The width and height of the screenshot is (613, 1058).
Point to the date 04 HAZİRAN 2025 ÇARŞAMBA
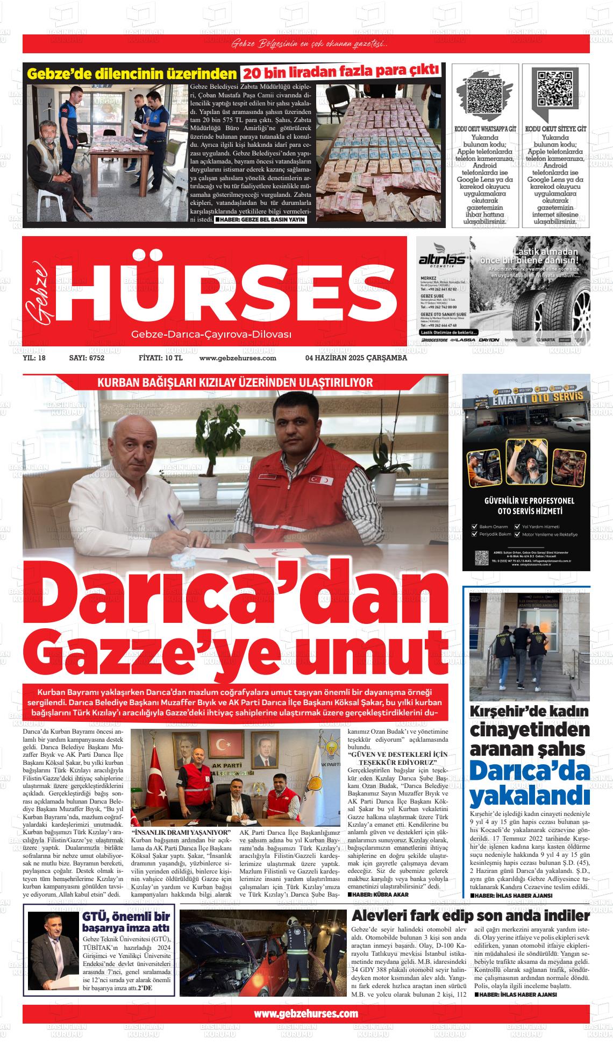(x=356, y=358)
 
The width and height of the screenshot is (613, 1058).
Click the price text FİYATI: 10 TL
(x=160, y=358)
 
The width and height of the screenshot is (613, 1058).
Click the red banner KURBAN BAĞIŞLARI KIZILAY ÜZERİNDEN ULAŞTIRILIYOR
(x=235, y=382)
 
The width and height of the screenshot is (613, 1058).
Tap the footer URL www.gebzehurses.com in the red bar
(x=305, y=1013)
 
